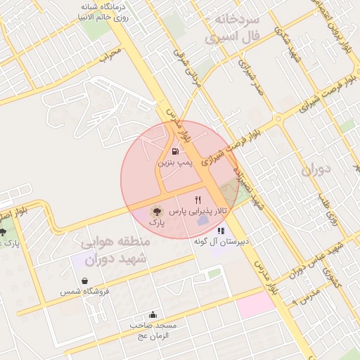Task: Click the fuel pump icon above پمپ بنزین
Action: pos(174,150)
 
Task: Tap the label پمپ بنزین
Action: pos(174,162)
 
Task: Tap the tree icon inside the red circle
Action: pos(156,210)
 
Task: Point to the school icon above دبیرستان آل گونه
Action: pos(221,230)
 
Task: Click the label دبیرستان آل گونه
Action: pos(223,241)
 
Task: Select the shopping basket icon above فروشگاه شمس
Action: pos(84,281)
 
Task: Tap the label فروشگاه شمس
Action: pos(78,291)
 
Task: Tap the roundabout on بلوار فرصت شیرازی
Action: pos(280,112)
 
